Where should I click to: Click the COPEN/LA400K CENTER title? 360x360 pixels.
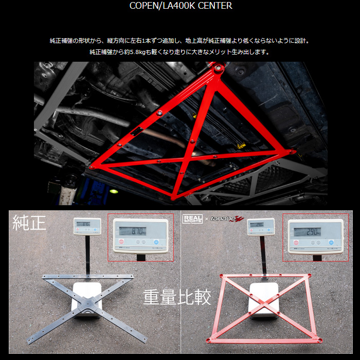pos(181,6)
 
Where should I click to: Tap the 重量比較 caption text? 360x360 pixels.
pos(177,297)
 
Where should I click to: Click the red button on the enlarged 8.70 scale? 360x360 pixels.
pos(122,242)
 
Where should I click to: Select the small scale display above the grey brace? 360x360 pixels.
pos(83,225)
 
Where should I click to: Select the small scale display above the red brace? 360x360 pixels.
pos(257,225)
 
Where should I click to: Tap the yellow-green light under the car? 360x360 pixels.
pos(114,191)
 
